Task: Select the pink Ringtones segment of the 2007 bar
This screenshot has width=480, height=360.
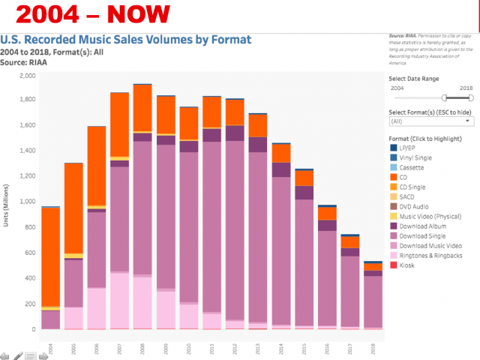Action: click(119, 300)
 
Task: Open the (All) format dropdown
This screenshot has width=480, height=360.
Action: click(431, 120)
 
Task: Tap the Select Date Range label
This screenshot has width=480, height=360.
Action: click(414, 79)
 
